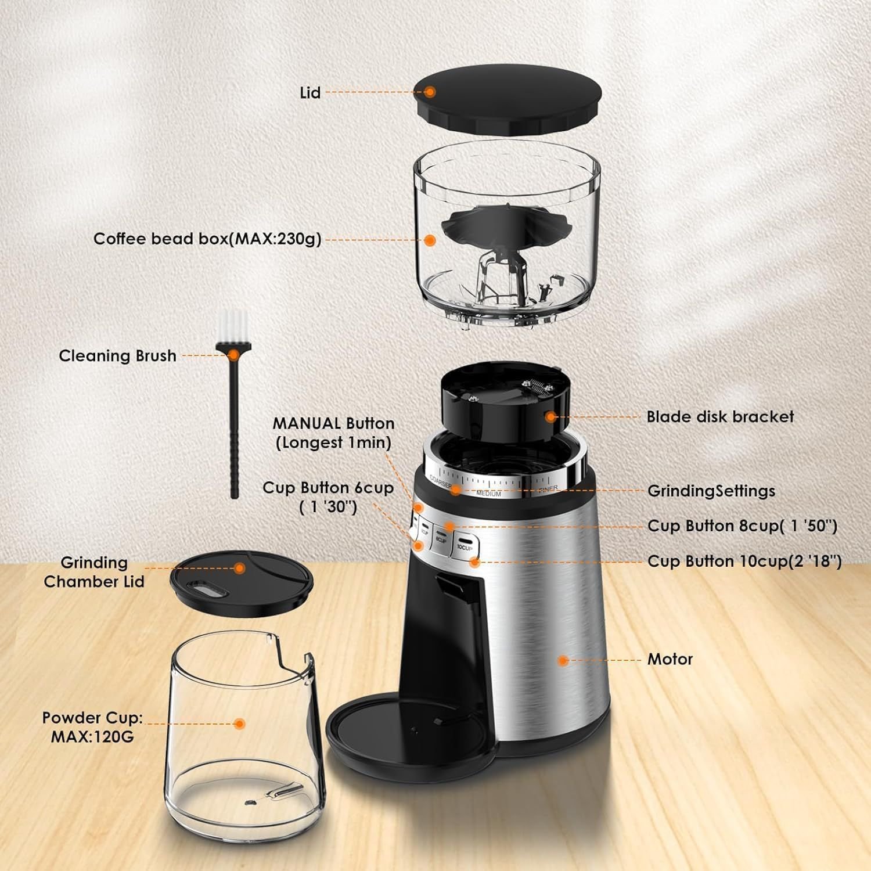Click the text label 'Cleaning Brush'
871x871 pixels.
tap(117, 355)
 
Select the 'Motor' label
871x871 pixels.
tap(670, 659)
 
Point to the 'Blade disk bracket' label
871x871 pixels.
tap(720, 416)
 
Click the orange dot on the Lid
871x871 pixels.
tap(430, 91)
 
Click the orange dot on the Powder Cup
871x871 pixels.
tap(239, 724)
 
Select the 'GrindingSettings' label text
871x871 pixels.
tap(711, 491)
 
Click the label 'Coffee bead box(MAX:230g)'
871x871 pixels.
tap(207, 239)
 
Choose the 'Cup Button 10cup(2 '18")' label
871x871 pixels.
tap(744, 562)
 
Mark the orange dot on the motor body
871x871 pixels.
tap(562, 660)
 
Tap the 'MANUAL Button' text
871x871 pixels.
tap(333, 423)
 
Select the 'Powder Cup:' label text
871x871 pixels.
tap(92, 718)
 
